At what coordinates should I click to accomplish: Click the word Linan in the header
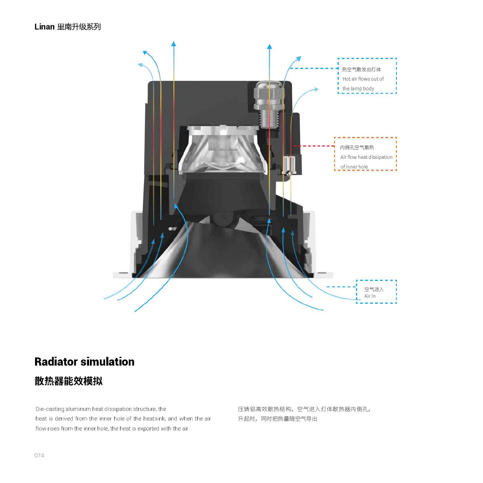point(44,27)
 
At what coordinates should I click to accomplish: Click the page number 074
point(39,455)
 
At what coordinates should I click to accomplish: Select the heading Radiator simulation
point(84,362)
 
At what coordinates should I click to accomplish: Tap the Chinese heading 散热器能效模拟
point(69,381)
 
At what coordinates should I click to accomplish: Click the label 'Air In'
point(370,296)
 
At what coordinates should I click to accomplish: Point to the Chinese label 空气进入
point(374,289)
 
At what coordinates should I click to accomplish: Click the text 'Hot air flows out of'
point(363,79)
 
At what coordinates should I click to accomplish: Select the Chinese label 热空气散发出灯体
point(362,69)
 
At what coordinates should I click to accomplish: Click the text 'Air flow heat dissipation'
point(366,157)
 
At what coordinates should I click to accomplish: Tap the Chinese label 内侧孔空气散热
point(357,147)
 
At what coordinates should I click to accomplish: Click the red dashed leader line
point(314,146)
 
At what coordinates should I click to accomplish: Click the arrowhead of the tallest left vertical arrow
point(173,44)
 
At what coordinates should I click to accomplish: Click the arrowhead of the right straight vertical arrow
point(269,46)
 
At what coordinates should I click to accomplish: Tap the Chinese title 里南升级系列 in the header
point(79,27)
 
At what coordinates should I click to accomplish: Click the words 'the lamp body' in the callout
point(358,88)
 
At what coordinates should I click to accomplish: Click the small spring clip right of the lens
point(289,165)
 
